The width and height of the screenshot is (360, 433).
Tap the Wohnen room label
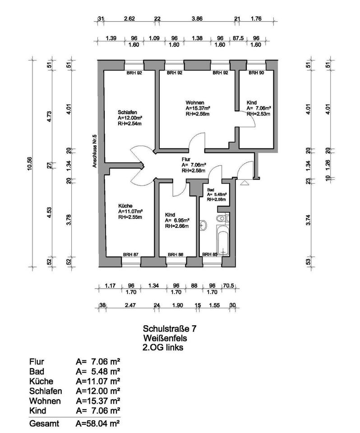pos(194,102)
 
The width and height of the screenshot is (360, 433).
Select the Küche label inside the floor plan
pos(125,206)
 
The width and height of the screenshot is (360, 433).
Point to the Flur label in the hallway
pos(187,159)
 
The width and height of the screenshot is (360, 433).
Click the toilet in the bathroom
pos(220,219)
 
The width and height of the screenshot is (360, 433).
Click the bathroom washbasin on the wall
pos(203,224)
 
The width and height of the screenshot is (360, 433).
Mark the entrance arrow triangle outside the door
pos(244,183)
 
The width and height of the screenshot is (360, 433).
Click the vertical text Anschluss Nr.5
pos(95,152)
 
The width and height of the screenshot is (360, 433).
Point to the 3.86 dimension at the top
pos(197,19)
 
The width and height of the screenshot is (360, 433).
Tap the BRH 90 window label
pos(256,72)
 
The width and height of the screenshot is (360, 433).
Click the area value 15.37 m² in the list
pos(98,401)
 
